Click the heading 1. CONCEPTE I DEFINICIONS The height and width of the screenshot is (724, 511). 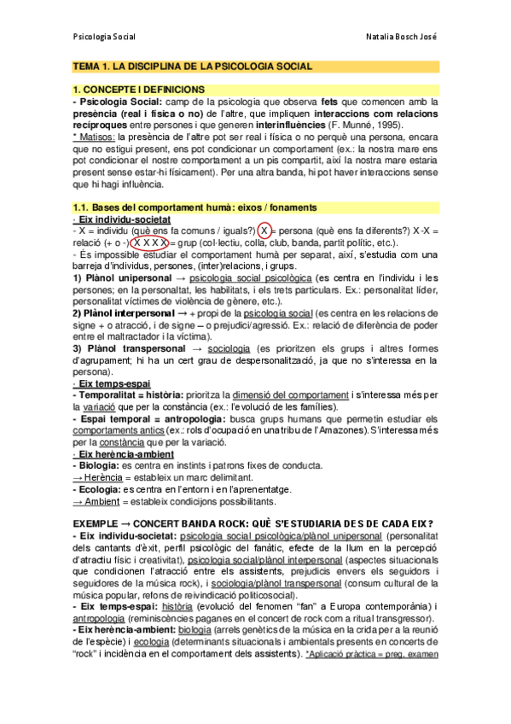[139, 90]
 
